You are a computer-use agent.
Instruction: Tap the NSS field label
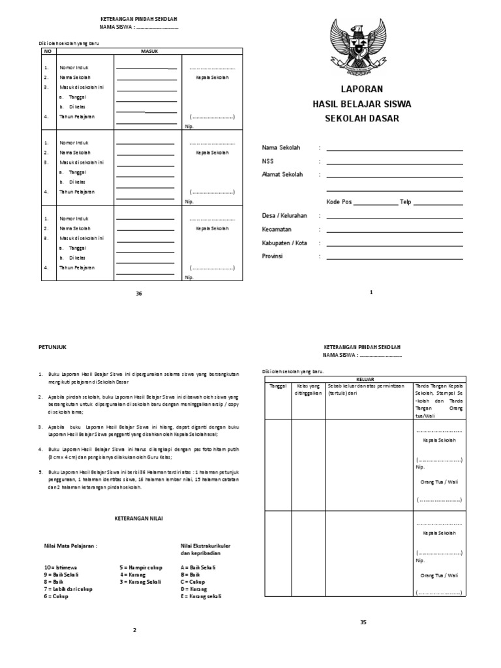click(x=268, y=161)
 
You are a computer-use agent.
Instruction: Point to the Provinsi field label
click(x=272, y=256)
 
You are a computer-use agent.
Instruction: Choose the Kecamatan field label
click(x=277, y=229)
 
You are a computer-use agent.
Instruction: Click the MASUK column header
click(x=149, y=50)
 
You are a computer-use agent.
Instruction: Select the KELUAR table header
click(x=365, y=377)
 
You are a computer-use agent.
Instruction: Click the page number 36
click(x=138, y=294)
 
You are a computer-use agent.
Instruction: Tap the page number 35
click(x=363, y=622)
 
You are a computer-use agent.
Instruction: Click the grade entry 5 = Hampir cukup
click(x=141, y=568)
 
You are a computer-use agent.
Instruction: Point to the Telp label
click(x=406, y=202)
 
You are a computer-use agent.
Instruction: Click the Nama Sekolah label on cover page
click(x=281, y=148)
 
